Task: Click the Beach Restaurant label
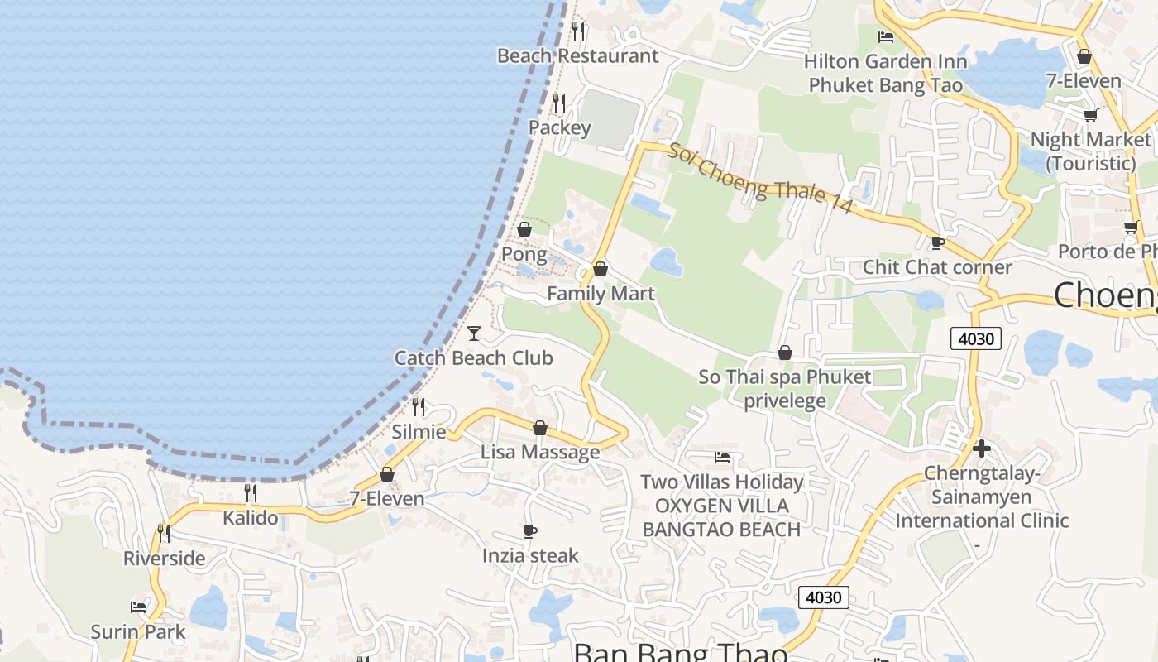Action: point(577,56)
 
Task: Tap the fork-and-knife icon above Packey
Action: point(559,103)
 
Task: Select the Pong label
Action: point(524,253)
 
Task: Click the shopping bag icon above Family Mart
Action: point(601,269)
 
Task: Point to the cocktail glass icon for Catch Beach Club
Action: point(474,333)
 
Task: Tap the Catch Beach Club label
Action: point(473,358)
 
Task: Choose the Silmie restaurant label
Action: point(419,431)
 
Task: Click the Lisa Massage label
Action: point(540,452)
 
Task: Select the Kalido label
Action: point(251,518)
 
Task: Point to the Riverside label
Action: point(165,558)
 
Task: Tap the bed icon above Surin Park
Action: point(138,607)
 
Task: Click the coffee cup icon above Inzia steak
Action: point(530,531)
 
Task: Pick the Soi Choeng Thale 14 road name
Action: point(760,179)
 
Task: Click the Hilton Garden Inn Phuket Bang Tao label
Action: point(885,73)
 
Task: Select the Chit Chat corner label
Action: point(937,267)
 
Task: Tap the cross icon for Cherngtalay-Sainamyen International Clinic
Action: point(982,449)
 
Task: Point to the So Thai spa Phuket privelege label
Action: point(784,389)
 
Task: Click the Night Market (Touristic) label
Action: point(1090,151)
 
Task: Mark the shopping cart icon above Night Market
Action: point(1090,116)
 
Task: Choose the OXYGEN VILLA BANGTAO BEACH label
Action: point(722,517)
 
